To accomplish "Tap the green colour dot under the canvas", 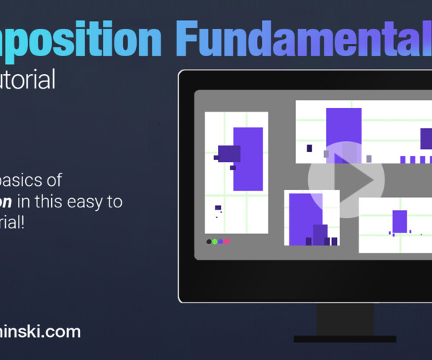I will [x=215, y=242].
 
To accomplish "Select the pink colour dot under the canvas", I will [x=228, y=242].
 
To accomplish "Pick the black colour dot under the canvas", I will [x=209, y=242].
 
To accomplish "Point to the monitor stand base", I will [x=344, y=338].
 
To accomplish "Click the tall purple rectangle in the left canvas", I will [x=248, y=158].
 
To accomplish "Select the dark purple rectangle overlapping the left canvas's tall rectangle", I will [x=229, y=153].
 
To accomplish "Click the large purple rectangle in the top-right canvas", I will [x=343, y=133].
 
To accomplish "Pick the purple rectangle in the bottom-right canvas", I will [x=400, y=221].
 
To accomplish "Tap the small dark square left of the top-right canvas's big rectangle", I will [x=310, y=148].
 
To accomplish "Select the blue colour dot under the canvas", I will [x=221, y=242].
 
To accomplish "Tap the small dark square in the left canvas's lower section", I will [x=217, y=207].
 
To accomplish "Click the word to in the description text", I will [x=114, y=202].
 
